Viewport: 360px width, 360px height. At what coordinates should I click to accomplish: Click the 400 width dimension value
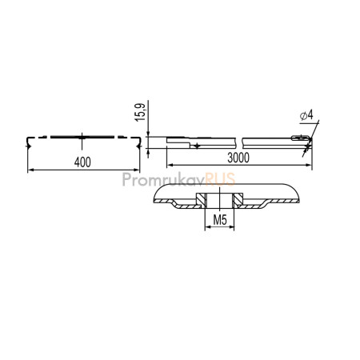pos(82,162)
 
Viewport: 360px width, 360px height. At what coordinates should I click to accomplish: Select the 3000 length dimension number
pos(238,158)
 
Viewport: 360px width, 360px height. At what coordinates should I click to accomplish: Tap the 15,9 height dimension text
pos(140,112)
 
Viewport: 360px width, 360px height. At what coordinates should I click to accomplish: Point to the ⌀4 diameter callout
pos(306,115)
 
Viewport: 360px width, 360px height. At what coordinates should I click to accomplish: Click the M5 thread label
pos(220,220)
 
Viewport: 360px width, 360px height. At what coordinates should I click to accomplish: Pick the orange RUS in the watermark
pos(220,179)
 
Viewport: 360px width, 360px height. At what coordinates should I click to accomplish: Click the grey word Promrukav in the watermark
pos(164,179)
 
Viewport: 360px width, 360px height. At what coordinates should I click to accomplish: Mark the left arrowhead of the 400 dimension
pos(30,170)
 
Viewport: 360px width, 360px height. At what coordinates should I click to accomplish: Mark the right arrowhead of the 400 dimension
pos(137,170)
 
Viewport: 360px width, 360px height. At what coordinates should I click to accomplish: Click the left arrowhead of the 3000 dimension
pos(170,165)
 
